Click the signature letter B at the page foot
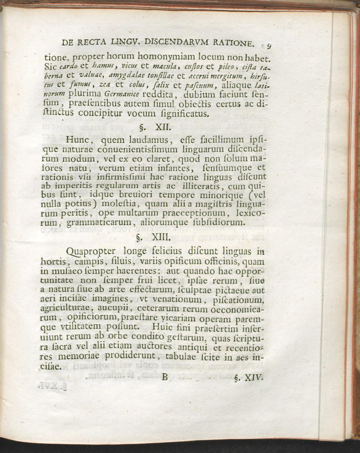tap(165, 377)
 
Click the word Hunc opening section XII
tap(80, 140)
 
